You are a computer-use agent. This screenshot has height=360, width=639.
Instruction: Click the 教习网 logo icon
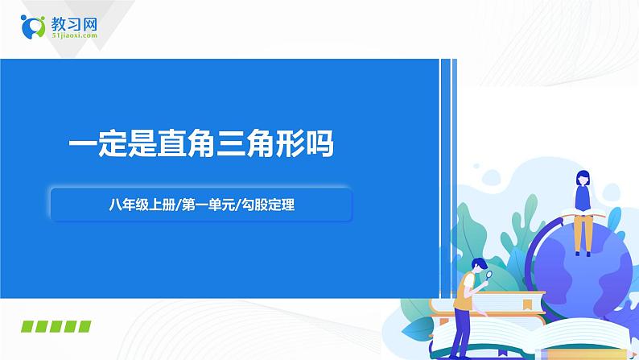pos(33,27)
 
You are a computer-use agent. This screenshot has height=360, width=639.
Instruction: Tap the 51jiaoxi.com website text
pos(75,35)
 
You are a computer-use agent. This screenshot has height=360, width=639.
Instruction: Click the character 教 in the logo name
pos(58,24)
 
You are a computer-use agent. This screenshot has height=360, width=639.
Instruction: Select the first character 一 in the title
pos(83,143)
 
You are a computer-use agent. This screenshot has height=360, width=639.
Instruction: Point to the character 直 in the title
pos(172,143)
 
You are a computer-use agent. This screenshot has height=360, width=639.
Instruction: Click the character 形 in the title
pos(291,143)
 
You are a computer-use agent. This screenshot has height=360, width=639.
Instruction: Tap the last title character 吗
pos(320,143)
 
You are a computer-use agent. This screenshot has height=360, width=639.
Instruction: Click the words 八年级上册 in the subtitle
pos(142,205)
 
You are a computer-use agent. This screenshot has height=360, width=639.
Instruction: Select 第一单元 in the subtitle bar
pos(208,205)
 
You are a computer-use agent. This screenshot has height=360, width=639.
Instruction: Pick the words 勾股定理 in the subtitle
pos(268,205)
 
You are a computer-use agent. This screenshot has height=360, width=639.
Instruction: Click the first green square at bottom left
pos(27,326)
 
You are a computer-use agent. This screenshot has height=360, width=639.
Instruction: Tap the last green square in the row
pos(85,326)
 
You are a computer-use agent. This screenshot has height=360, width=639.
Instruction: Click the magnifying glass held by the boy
pos(489,275)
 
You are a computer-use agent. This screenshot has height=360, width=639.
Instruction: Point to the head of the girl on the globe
pos(583,179)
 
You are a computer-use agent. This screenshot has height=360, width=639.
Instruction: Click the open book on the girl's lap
pos(583,213)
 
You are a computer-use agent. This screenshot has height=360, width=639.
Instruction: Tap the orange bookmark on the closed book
pos(528,304)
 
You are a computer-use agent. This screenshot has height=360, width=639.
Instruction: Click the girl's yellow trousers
pos(583,234)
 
